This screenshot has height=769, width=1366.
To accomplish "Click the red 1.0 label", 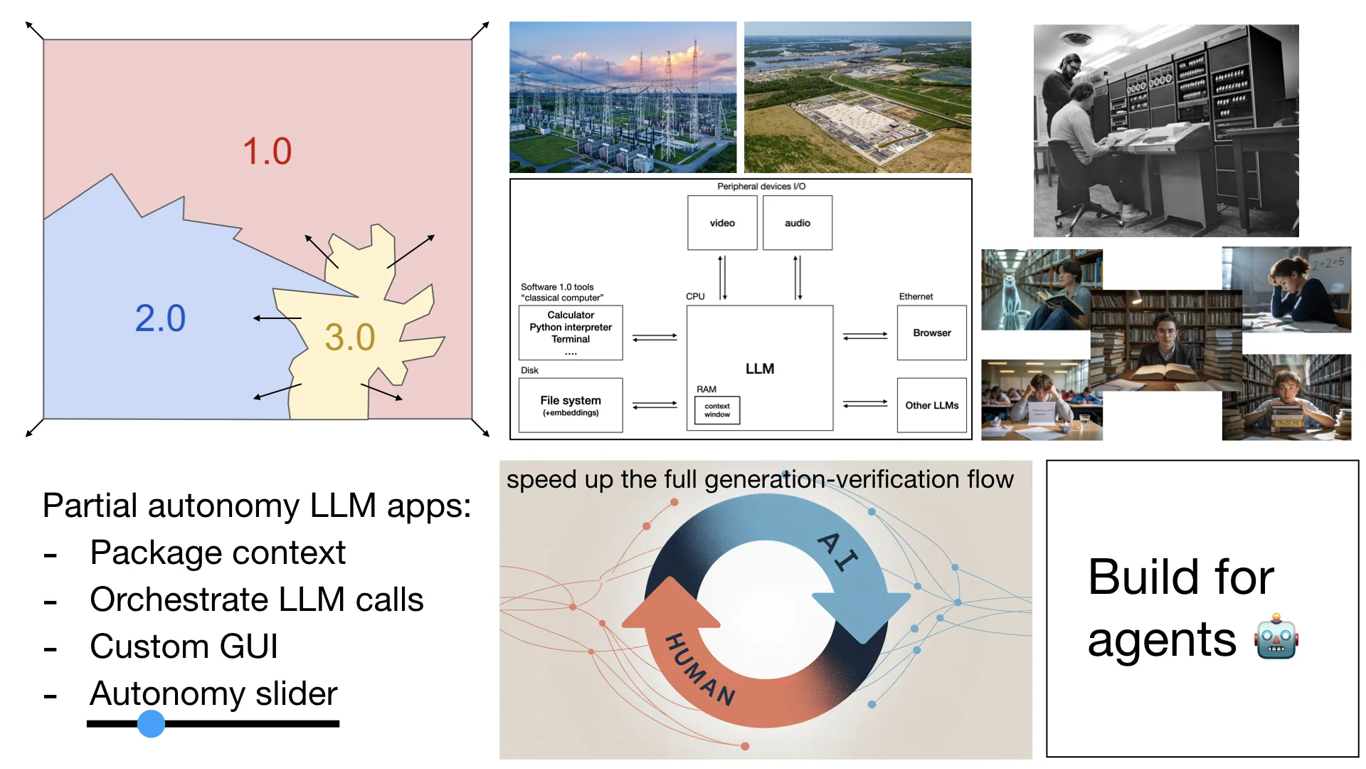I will (x=267, y=152).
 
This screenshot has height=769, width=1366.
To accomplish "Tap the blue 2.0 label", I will (x=160, y=318).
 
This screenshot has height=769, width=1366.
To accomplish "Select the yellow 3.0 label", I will (x=349, y=338).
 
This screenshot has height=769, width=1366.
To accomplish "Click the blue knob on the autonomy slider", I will (x=151, y=723).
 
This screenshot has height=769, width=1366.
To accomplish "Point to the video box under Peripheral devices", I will (x=722, y=223).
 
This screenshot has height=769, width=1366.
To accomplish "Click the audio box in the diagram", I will (x=797, y=223).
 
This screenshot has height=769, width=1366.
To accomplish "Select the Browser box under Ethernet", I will (x=931, y=333).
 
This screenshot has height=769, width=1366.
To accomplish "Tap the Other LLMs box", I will (x=931, y=405).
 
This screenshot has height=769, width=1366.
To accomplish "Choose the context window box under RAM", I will (x=717, y=410).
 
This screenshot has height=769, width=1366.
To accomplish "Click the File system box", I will (x=571, y=405).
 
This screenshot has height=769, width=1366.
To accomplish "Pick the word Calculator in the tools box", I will (x=571, y=315).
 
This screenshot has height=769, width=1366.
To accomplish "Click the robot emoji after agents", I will (x=1276, y=637).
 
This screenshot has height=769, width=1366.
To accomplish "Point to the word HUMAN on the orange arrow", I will (x=699, y=669).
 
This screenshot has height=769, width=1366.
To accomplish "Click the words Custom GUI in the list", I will (x=184, y=647).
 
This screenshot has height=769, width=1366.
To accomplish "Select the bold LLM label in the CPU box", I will (x=760, y=369).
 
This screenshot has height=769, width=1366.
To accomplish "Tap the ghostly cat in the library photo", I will (x=1009, y=295).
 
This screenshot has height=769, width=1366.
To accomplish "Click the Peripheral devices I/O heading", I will (x=761, y=187).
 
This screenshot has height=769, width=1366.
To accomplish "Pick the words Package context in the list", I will (x=218, y=553).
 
